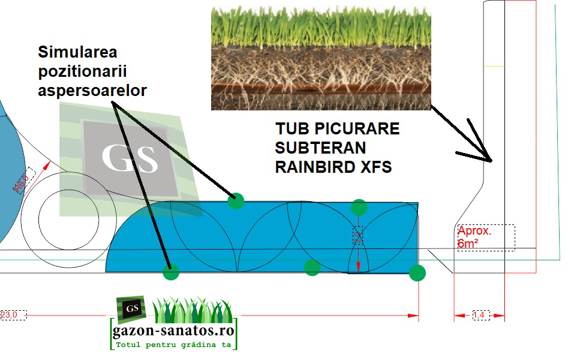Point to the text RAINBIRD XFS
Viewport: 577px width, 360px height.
coord(333,167)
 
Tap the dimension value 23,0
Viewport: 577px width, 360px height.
coord(9,314)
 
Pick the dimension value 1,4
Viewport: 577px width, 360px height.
coord(479,314)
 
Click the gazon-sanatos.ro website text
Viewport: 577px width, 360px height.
coord(174,330)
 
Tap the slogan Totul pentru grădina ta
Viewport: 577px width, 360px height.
coord(174,345)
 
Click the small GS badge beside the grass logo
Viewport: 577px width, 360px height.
coord(131,308)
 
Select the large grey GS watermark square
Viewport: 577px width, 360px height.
coord(130,158)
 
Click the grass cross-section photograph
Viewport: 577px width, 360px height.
coord(321,55)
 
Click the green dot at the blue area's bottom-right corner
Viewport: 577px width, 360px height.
coord(417,273)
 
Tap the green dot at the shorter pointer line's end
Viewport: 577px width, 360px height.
coord(236,200)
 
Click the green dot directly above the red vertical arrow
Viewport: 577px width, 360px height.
coord(359,208)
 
